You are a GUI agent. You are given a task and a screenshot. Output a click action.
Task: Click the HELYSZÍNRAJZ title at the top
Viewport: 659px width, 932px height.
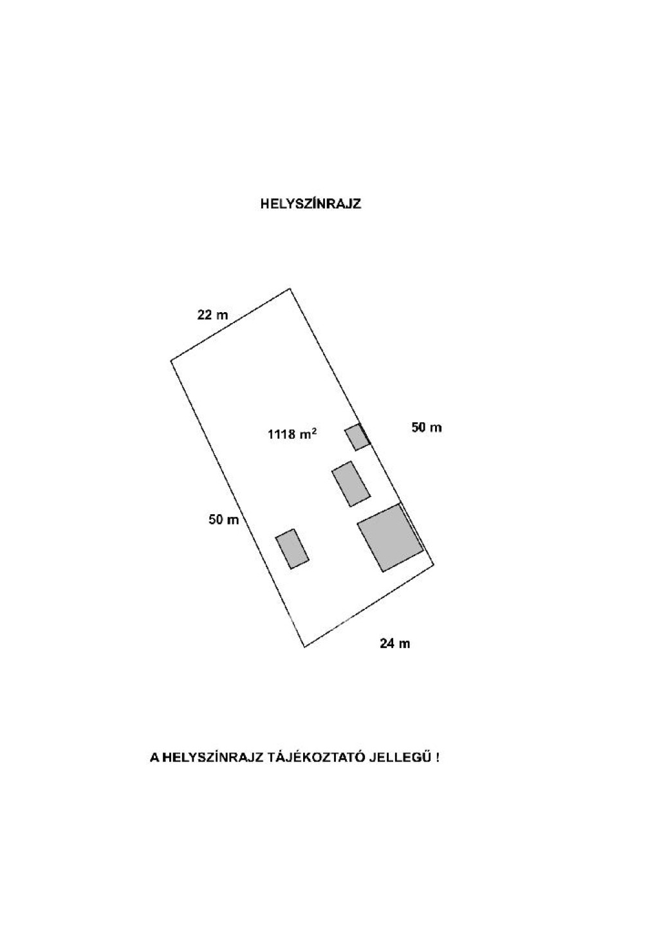click(310, 204)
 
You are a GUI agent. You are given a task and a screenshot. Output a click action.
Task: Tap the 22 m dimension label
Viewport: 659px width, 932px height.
click(212, 315)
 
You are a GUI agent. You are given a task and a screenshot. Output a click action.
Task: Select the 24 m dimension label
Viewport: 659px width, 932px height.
click(394, 643)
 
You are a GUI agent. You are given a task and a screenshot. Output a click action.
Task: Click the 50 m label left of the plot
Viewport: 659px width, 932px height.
click(224, 519)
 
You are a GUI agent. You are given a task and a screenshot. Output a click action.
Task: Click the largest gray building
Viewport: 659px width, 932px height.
click(390, 537)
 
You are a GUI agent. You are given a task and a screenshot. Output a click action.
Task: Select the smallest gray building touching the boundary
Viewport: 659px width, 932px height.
click(357, 437)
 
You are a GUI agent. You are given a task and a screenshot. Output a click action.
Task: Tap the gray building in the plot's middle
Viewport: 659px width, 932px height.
click(351, 484)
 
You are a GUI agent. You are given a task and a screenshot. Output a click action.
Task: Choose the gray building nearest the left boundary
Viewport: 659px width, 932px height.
click(292, 549)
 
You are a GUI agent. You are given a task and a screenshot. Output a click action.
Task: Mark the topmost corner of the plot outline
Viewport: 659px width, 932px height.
click(290, 288)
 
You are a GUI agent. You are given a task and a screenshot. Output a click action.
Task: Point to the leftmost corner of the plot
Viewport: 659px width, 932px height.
click(171, 360)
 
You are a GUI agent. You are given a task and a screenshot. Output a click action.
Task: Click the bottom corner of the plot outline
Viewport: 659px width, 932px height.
click(304, 647)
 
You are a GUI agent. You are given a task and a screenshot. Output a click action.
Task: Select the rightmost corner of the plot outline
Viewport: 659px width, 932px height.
click(434, 564)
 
